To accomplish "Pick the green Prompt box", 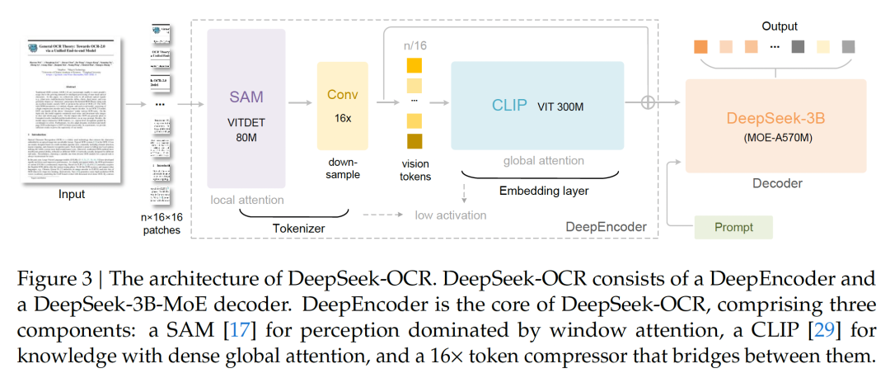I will (x=733, y=227).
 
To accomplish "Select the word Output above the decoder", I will (x=779, y=26).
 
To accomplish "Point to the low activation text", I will (x=451, y=215).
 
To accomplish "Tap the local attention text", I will (x=246, y=200).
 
